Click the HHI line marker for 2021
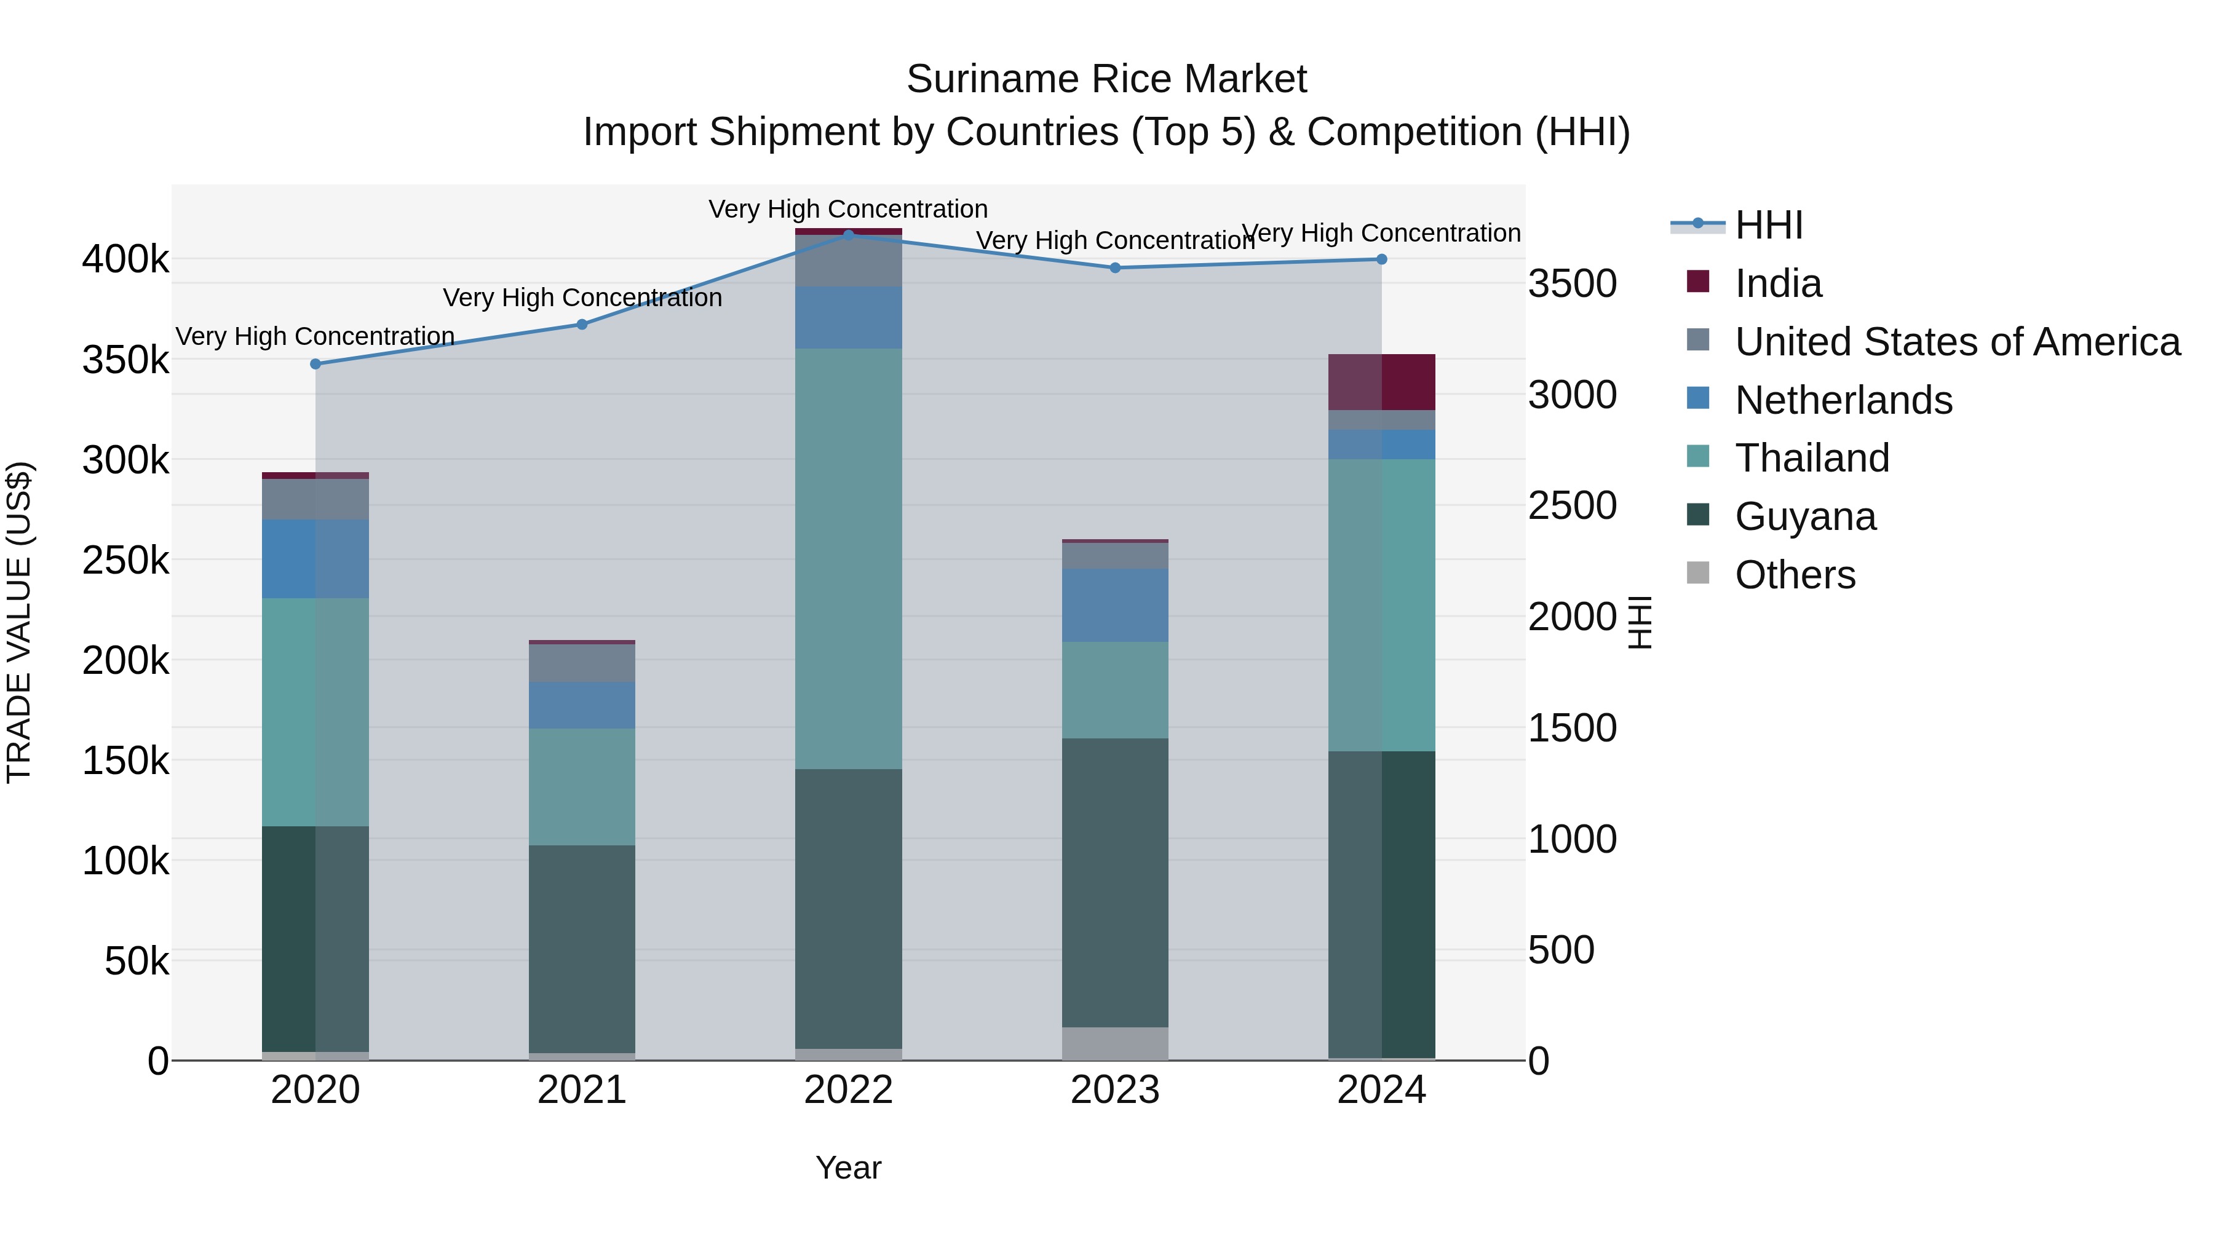[582, 325]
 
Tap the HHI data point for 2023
[1115, 268]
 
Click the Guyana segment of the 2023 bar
[1115, 882]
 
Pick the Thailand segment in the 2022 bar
[848, 558]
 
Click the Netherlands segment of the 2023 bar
[1115, 605]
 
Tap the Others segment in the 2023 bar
[1115, 1044]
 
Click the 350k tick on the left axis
[125, 360]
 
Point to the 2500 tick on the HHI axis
[1572, 506]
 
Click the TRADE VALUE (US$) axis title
[19, 622]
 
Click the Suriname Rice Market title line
[1106, 79]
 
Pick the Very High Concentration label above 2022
[848, 210]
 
